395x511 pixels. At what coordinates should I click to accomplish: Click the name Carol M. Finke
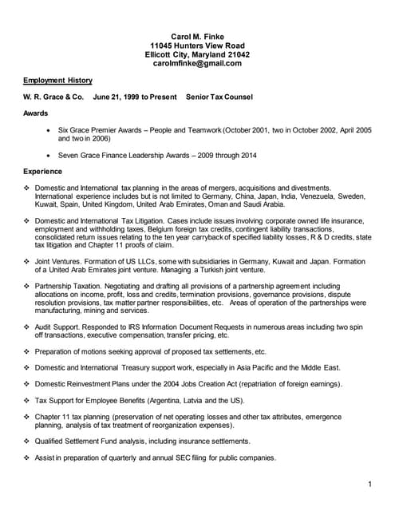(197, 37)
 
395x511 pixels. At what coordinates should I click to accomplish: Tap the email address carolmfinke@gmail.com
(197, 63)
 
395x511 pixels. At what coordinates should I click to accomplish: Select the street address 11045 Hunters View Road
(197, 46)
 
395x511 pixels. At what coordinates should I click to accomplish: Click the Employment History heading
(57, 81)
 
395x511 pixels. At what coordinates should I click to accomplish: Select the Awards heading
(35, 113)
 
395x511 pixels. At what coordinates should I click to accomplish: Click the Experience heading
(43, 171)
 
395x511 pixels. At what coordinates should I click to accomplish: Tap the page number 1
(371, 485)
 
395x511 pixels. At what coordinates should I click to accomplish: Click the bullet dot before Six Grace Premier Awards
(51, 129)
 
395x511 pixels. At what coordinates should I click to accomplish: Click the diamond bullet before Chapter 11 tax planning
(27, 417)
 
